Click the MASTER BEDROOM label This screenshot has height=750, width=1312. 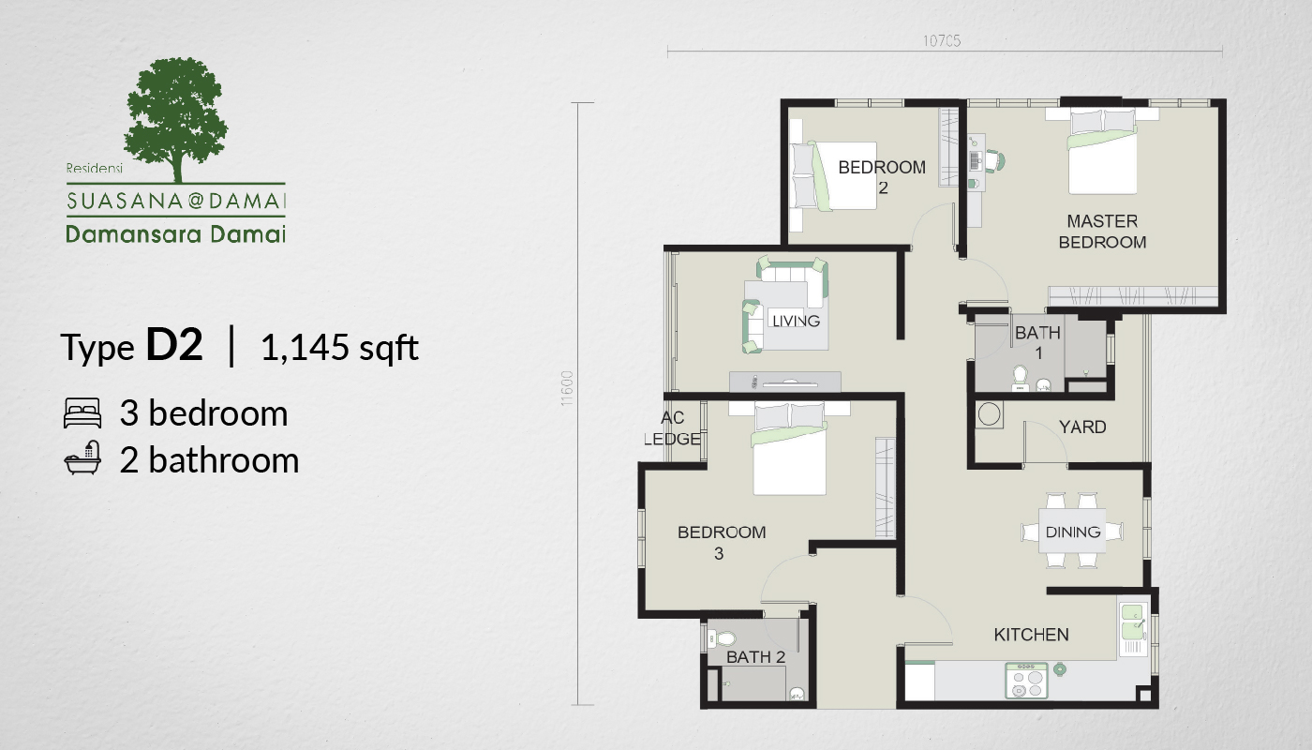tap(1102, 232)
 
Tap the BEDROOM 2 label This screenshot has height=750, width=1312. tap(882, 177)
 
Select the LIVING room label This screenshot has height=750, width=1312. tap(796, 321)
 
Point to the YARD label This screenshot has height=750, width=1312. tap(1082, 427)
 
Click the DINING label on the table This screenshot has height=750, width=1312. tap(1073, 532)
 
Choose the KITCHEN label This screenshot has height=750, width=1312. tap(1032, 635)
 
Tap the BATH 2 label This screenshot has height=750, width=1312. tap(755, 657)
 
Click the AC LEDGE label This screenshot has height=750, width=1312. tap(673, 428)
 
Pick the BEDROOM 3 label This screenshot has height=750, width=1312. tap(722, 543)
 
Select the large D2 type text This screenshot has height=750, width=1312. tap(174, 345)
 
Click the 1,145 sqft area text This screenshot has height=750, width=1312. tap(339, 348)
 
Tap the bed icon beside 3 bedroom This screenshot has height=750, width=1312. tap(82, 413)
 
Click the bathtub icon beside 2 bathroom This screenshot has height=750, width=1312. tap(82, 457)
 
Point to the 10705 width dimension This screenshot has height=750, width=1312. tap(942, 41)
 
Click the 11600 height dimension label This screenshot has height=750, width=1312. tap(566, 388)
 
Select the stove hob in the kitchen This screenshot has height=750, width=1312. tap(1027, 681)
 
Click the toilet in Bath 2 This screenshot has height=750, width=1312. tap(721, 638)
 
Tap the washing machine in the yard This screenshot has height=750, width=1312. tap(990, 414)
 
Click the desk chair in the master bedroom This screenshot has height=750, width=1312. tap(995, 160)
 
